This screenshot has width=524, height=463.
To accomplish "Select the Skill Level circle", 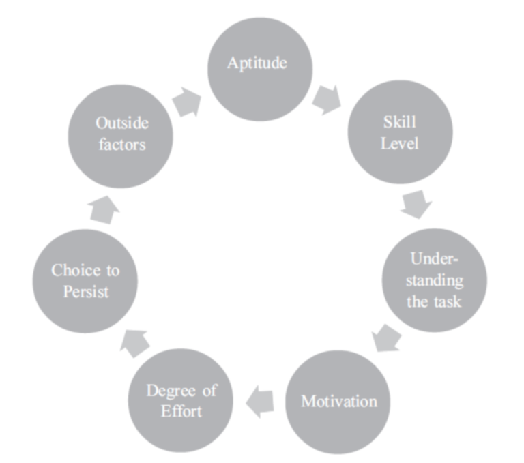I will click(400, 134).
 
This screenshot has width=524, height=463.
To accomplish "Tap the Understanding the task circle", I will click(435, 280).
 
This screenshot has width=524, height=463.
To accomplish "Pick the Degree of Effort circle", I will click(181, 402).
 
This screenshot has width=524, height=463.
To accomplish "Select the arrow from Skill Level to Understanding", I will click(416, 204).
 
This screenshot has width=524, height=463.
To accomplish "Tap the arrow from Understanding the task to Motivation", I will click(386, 338).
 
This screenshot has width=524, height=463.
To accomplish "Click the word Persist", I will click(86, 292).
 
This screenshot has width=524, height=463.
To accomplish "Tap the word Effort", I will click(181, 413).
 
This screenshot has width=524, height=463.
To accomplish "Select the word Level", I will click(400, 145).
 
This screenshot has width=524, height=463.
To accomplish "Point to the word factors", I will click(122, 145).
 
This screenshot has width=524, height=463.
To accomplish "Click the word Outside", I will click(122, 123).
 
